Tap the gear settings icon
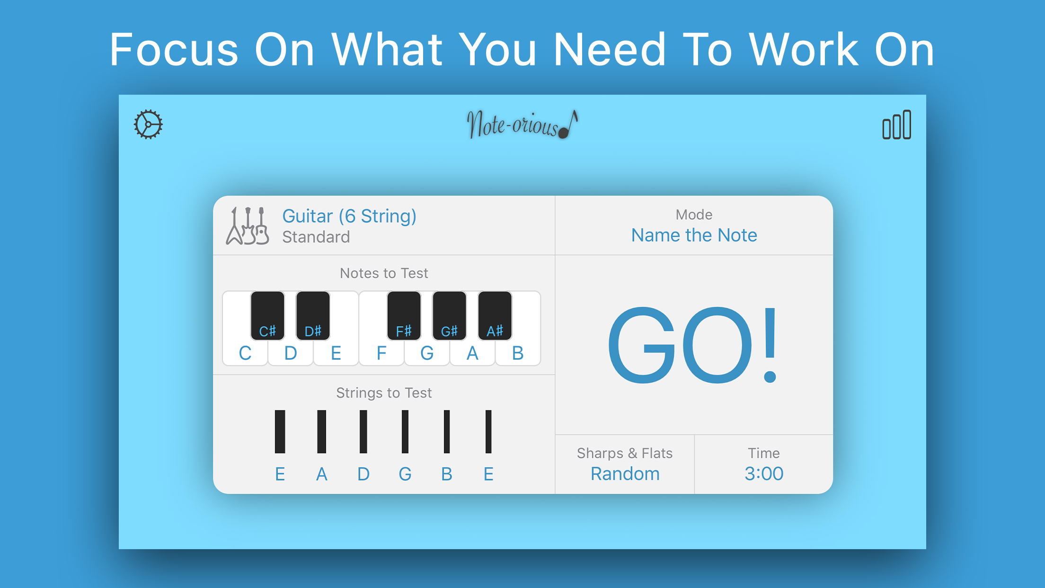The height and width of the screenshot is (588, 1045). point(148,125)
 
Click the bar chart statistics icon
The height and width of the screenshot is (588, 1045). point(896,125)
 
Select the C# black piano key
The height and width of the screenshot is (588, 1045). point(267,316)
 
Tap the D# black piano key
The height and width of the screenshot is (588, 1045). point(313,316)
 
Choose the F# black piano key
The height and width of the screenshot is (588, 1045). point(404,316)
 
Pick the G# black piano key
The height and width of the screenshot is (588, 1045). point(449,316)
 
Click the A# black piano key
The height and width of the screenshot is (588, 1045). point(495,316)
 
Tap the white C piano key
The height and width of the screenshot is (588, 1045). point(245,353)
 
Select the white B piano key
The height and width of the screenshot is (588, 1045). point(518,353)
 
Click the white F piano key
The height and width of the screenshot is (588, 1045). point(381,353)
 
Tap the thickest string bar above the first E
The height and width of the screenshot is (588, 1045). point(280,432)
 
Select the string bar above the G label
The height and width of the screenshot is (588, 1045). point(405,432)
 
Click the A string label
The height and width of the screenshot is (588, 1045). point(322,474)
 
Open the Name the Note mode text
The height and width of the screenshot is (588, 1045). point(694,235)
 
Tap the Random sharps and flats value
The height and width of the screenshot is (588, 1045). point(625,474)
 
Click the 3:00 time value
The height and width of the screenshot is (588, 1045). point(764,474)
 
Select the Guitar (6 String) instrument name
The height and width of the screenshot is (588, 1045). point(349,216)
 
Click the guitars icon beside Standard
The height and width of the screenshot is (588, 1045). point(248,226)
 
